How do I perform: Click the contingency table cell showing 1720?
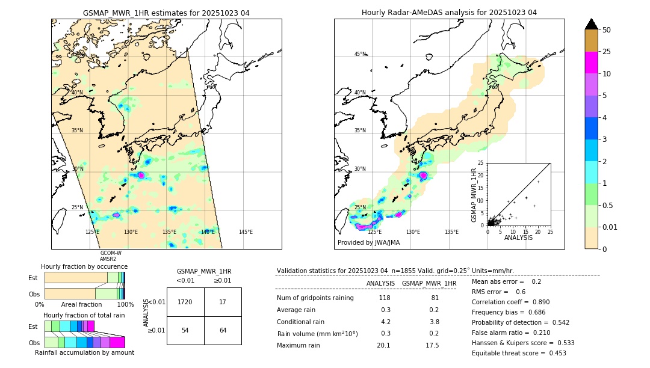tap(185, 302)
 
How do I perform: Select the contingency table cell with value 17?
tap(223, 302)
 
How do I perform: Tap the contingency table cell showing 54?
tap(185, 331)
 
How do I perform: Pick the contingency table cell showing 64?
tap(223, 331)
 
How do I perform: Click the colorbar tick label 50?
tap(607, 29)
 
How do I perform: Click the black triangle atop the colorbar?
tap(592, 24)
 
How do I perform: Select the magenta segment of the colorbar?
tap(592, 63)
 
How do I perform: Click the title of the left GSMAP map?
tap(166, 13)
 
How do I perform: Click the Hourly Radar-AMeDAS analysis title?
tap(449, 13)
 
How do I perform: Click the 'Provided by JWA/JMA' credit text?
tap(368, 243)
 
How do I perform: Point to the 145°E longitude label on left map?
tap(246, 232)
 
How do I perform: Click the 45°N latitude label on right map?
tap(360, 54)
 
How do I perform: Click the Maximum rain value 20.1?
tap(384, 345)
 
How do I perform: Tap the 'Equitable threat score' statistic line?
tap(519, 353)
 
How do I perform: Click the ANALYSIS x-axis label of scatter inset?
tap(518, 238)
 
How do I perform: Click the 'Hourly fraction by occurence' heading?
tap(84, 266)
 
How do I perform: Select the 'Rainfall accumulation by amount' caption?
tap(85, 352)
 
